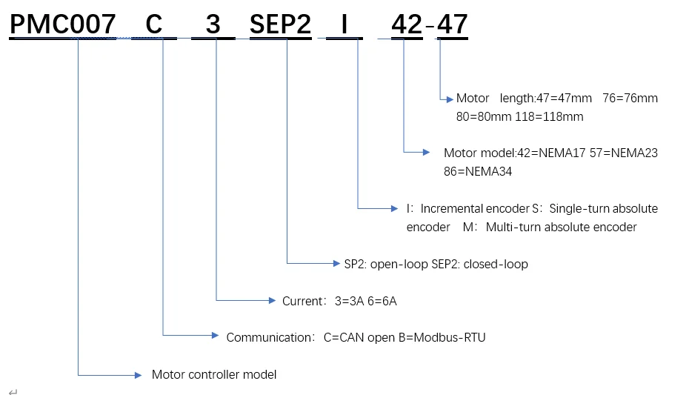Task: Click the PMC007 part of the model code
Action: pos(63,24)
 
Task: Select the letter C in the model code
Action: pos(154,24)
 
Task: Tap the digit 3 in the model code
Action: pos(213,24)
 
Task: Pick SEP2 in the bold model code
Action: pos(280,24)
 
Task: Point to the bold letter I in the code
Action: pos(344,24)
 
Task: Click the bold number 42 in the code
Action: pos(407,24)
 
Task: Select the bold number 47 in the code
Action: pos(452,24)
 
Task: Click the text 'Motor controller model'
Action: pos(214,374)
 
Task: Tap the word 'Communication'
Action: pos(269,337)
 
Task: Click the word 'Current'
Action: pos(302,301)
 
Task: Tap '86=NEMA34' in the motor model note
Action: pos(478,171)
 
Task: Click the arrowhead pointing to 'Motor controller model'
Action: pos(138,375)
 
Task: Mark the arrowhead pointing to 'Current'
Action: pos(272,301)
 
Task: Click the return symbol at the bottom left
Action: pos(13,392)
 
